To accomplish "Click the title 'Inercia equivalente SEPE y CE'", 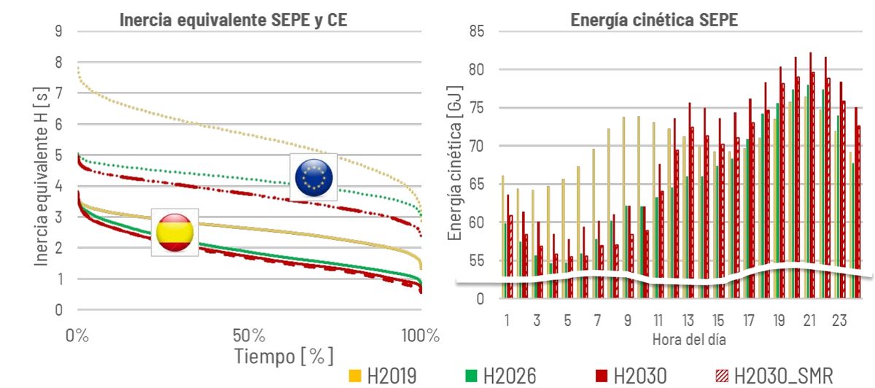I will [x=233, y=21].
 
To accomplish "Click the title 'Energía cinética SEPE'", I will [x=654, y=21].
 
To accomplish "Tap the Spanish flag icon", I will [x=174, y=232].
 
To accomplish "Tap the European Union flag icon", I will [x=314, y=177].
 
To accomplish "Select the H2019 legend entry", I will [x=383, y=376].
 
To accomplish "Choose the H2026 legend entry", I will [x=501, y=376].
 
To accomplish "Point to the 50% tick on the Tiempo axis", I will [x=249, y=336].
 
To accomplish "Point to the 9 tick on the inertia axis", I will [x=58, y=31].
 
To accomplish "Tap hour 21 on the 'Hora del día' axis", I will [x=809, y=320].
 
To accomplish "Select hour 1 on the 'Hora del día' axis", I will [x=506, y=320].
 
